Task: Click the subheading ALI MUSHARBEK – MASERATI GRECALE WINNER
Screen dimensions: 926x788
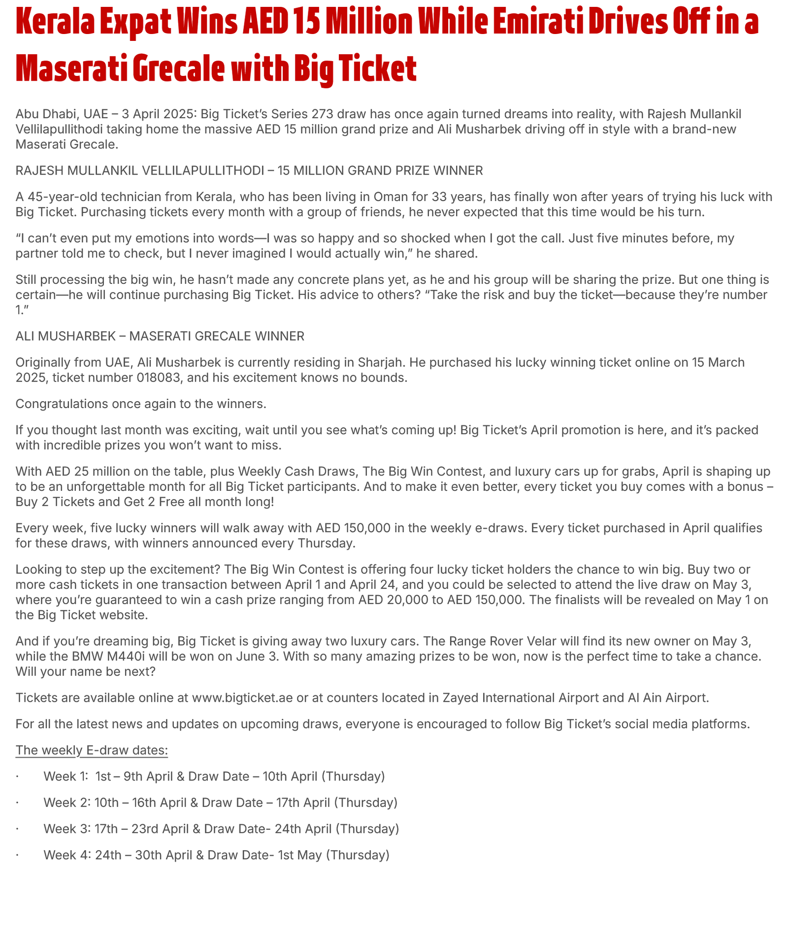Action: tap(160, 336)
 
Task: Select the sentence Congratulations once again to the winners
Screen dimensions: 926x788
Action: tap(141, 404)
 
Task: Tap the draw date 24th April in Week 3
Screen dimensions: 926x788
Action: tap(303, 828)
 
